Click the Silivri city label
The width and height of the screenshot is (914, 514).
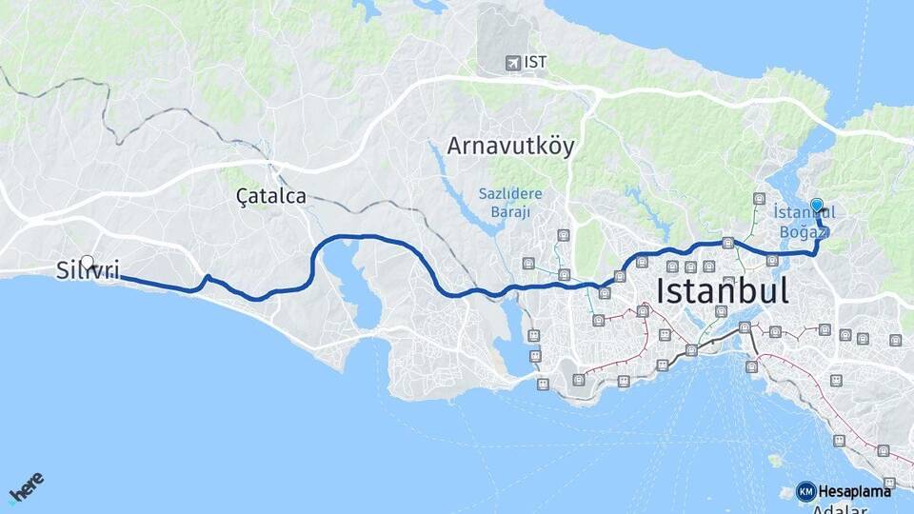87,271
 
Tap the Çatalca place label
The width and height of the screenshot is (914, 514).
271,197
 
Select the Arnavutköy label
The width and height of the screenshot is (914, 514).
511,148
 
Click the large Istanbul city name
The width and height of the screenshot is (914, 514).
723,290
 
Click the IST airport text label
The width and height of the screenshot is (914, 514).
536,63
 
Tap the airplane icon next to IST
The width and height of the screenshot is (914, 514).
514,63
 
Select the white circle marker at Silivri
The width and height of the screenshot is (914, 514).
88,261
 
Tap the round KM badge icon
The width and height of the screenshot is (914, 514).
805,491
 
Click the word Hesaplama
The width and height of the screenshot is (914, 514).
854,491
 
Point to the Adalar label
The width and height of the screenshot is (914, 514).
841,509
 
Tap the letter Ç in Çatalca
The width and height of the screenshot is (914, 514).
242,197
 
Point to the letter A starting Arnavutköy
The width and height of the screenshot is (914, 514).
456,148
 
